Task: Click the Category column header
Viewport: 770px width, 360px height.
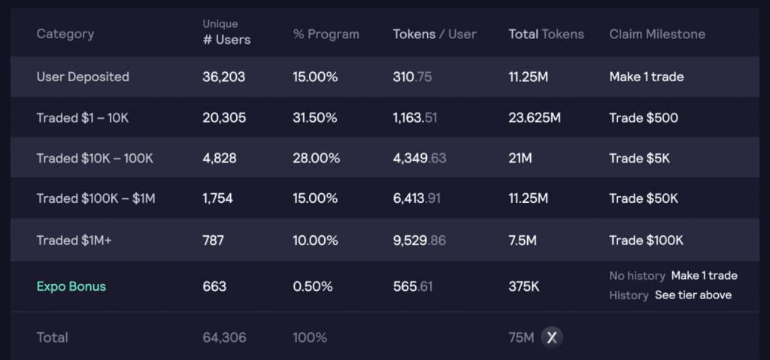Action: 65,34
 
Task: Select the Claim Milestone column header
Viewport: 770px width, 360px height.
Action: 657,34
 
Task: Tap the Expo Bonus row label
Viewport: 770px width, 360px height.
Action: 71,286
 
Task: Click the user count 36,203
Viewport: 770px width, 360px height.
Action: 224,77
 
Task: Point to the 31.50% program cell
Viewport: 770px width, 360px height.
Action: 315,117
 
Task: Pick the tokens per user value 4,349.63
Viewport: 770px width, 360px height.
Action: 420,158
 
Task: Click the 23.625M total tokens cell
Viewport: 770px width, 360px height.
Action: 535,117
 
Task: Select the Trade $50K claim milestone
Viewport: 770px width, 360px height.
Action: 644,198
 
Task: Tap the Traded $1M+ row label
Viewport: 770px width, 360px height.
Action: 74,241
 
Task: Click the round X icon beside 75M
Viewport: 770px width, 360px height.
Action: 552,337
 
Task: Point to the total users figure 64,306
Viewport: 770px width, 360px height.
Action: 224,337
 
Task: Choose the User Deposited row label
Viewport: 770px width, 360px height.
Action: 83,77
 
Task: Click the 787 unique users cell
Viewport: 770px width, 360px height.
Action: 214,241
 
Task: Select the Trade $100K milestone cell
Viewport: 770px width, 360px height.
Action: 647,241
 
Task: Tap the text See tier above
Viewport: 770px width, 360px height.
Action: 693,295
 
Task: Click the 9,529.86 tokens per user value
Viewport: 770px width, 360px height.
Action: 420,241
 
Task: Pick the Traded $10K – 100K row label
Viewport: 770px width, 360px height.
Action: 95,158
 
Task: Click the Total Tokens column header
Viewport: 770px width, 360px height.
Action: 546,34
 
